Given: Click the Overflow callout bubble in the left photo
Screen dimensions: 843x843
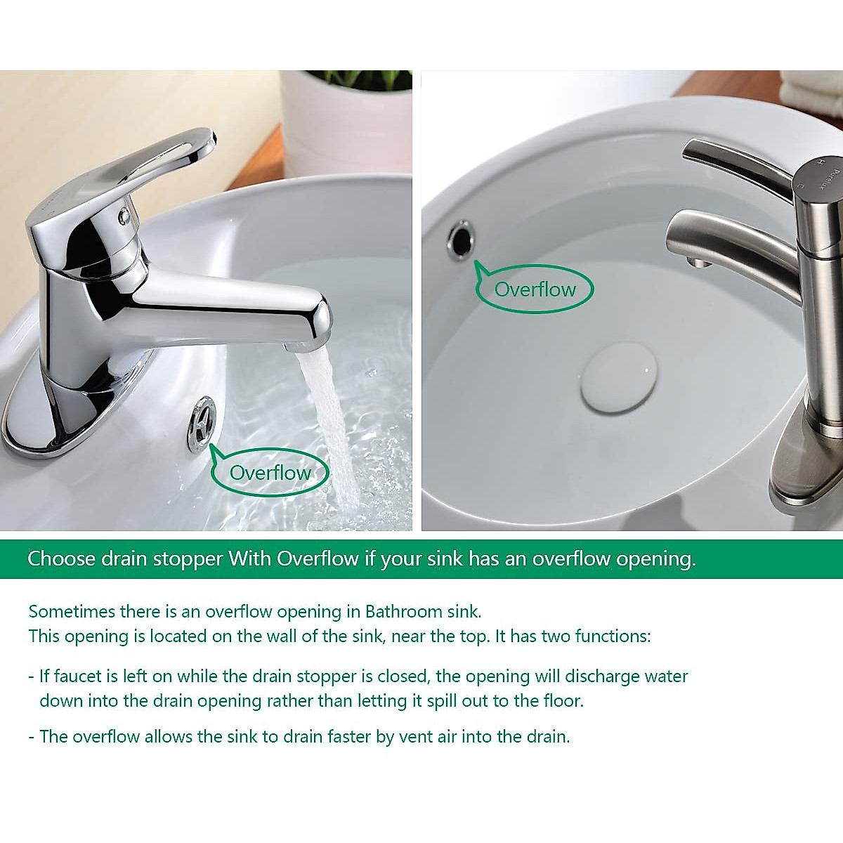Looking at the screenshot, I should tap(270, 472).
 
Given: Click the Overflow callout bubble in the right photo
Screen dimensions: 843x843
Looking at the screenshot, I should tap(535, 289).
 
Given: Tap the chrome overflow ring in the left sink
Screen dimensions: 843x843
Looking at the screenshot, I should tap(202, 424).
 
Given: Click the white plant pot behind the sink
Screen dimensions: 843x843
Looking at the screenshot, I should tap(344, 126).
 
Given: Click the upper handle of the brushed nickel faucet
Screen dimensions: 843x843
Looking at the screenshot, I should tap(738, 165).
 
